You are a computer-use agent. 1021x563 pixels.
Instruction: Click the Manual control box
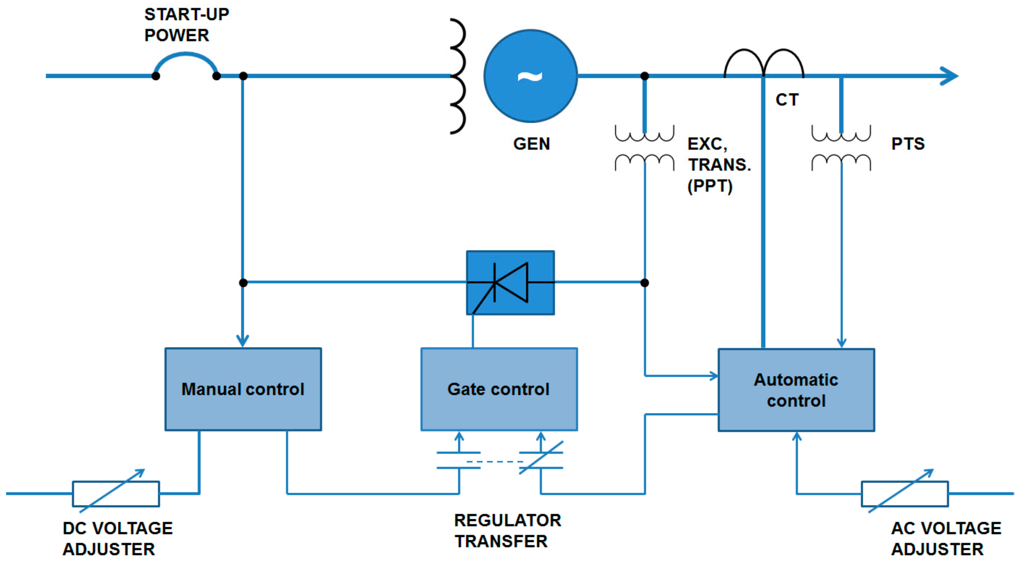(x=243, y=389)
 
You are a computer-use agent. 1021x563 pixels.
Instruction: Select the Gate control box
(x=499, y=389)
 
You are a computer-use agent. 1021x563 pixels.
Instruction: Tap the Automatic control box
(x=796, y=390)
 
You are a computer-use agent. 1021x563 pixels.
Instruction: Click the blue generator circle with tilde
(x=530, y=76)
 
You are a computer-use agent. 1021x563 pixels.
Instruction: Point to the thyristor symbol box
(x=510, y=282)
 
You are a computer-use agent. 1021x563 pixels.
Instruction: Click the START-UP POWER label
(x=186, y=25)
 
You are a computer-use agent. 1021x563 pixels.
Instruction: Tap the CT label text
(x=787, y=100)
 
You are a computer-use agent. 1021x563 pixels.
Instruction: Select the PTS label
(x=907, y=144)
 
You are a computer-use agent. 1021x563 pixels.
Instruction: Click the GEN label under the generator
(x=531, y=144)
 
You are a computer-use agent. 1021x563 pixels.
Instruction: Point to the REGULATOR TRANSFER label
(x=507, y=531)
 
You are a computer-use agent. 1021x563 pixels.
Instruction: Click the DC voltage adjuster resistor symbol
(x=116, y=493)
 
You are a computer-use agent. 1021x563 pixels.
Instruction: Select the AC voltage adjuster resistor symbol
(x=904, y=493)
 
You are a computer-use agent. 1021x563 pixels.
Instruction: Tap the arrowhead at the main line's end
(x=950, y=76)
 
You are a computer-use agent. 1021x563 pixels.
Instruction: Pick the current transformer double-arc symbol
(x=763, y=63)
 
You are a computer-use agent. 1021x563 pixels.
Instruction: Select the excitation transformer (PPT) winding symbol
(x=644, y=148)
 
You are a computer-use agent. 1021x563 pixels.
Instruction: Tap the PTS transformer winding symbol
(x=841, y=148)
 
